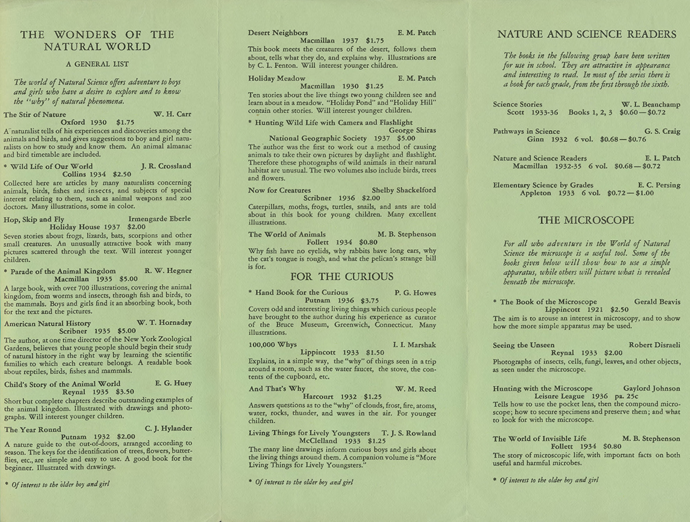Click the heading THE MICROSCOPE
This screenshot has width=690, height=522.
(x=586, y=220)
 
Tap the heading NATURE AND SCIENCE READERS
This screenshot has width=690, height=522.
(x=586, y=34)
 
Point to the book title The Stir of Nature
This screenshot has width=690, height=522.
(x=35, y=115)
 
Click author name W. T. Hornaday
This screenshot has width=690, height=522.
(x=165, y=323)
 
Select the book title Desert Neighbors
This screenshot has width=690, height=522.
(x=278, y=33)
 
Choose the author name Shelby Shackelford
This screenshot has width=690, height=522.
(x=404, y=190)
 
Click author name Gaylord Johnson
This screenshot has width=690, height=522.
(x=651, y=388)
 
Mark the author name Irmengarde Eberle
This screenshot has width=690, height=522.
(x=164, y=219)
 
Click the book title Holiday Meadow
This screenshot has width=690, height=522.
(x=277, y=78)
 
